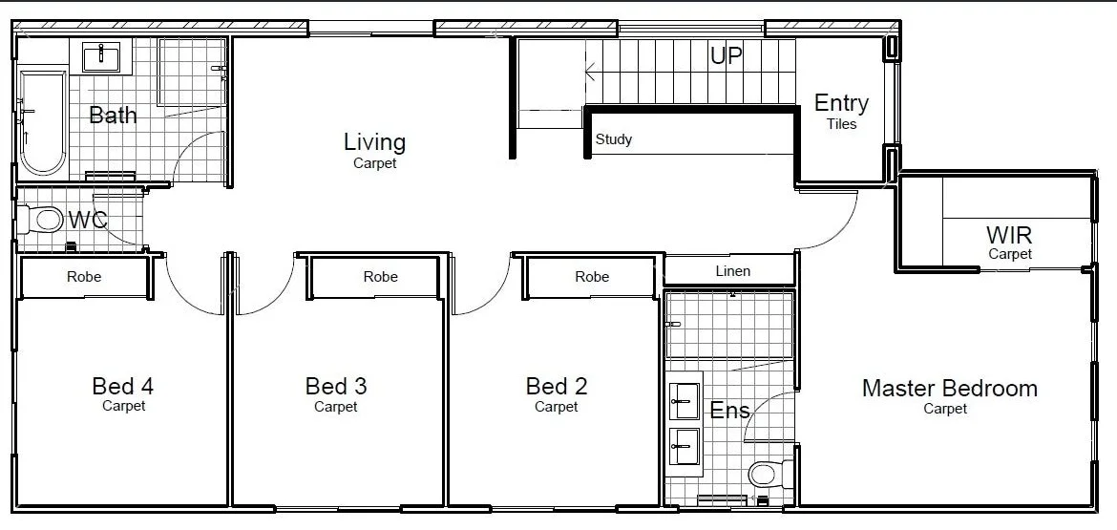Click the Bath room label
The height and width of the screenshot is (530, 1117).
[x=113, y=116]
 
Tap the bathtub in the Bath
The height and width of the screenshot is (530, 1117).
[x=43, y=122]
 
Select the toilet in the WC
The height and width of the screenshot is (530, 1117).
[x=45, y=222]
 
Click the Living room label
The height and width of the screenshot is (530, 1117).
[x=374, y=142]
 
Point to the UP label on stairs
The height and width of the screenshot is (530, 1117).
[x=726, y=56]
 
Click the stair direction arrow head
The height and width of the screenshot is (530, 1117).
[x=590, y=71]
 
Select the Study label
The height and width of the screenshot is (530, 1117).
[x=614, y=139]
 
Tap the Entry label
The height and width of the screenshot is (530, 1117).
[x=841, y=103]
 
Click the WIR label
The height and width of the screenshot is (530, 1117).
[x=1009, y=235]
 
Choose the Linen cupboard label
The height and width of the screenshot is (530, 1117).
[x=732, y=271]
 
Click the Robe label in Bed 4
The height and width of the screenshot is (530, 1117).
[x=84, y=277]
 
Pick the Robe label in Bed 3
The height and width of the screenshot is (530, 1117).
[x=380, y=277]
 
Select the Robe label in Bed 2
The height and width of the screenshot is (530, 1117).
[x=592, y=277]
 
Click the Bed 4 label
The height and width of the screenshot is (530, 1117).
[x=123, y=386]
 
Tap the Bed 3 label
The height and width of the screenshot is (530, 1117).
[x=336, y=386]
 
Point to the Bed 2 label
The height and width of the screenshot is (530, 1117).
[x=557, y=386]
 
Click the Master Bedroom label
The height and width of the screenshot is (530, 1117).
[x=949, y=389]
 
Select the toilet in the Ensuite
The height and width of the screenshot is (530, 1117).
[x=765, y=474]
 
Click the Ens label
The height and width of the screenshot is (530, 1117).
[x=729, y=412]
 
